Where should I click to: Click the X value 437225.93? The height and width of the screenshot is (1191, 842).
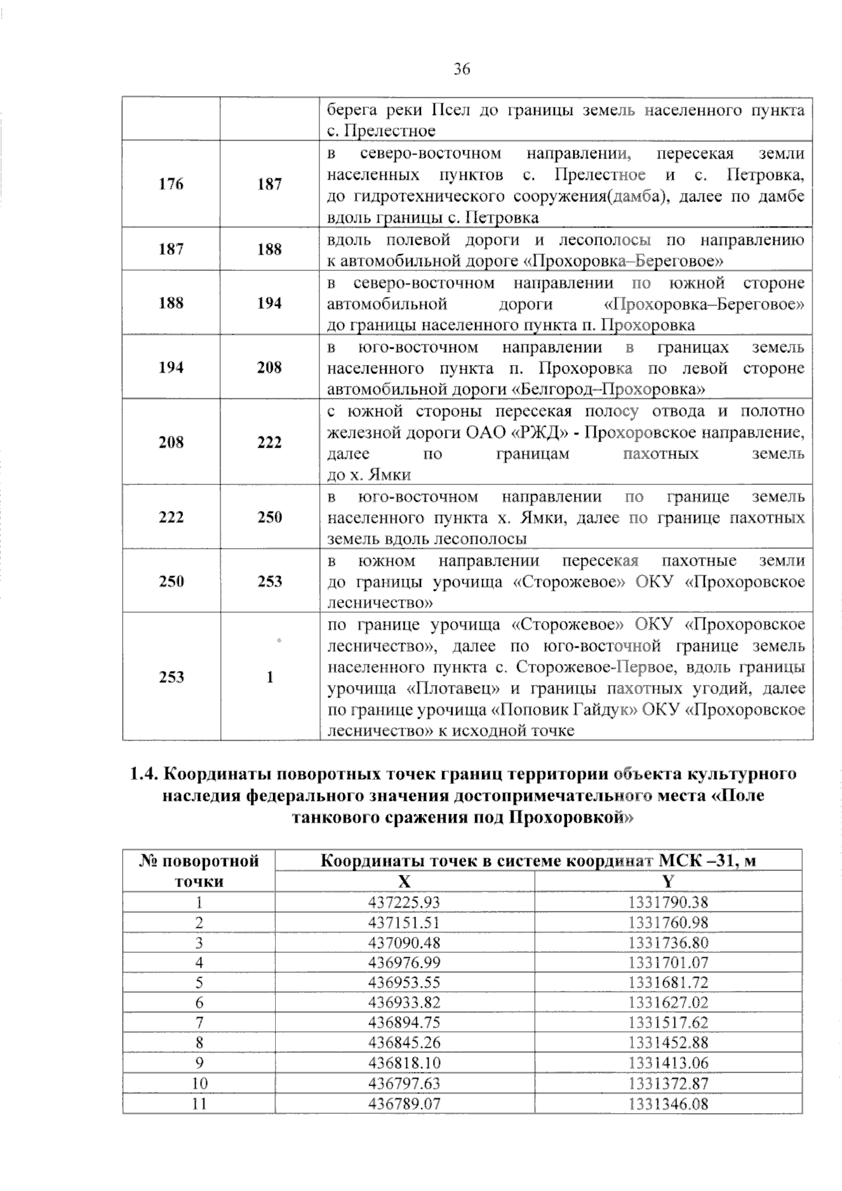(x=404, y=902)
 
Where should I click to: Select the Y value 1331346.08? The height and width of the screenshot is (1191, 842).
(x=668, y=1104)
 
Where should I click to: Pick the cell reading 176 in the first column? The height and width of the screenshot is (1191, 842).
(x=171, y=184)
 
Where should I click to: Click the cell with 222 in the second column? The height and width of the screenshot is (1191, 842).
(x=269, y=442)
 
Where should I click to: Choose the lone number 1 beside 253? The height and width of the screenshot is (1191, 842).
(x=269, y=677)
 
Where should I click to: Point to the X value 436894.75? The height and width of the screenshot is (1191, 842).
(x=404, y=1023)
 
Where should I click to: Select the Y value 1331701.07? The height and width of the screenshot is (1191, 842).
(x=668, y=962)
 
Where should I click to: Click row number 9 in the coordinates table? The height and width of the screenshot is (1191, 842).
(x=199, y=1063)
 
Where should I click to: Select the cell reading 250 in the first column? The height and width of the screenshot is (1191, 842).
(x=171, y=581)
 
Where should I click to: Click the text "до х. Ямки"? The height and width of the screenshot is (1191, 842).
(x=369, y=475)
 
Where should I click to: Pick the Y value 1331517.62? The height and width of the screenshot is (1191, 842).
(x=668, y=1023)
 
